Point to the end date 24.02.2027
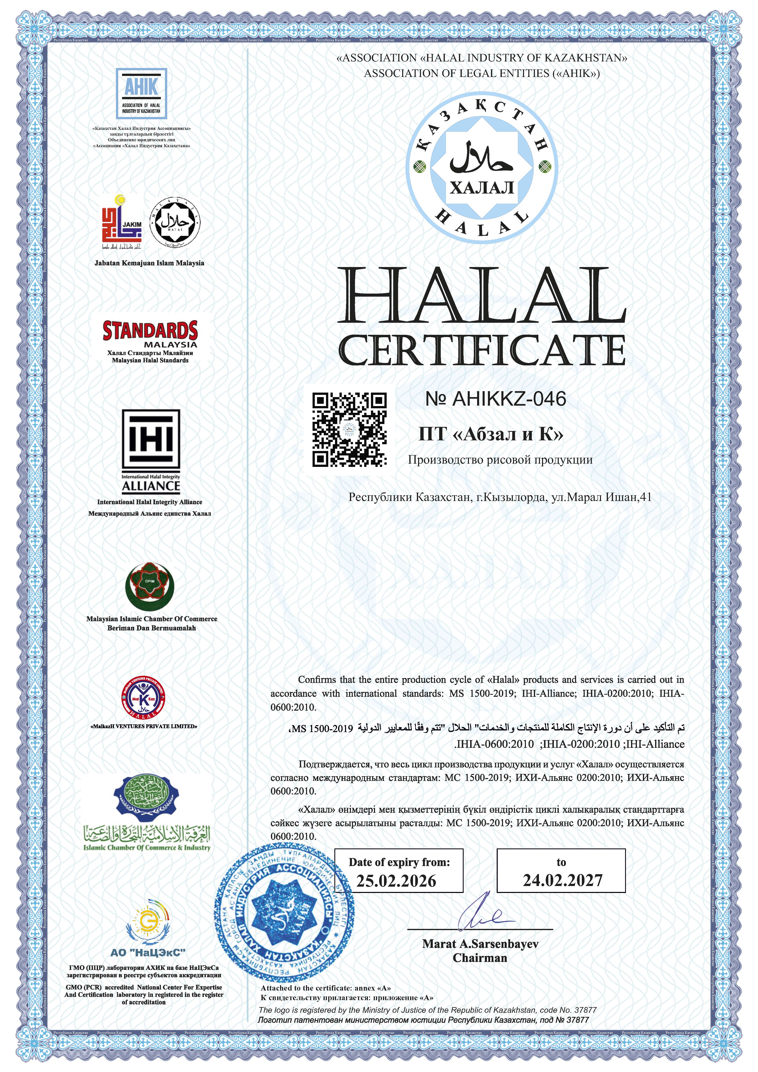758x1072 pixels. (562, 880)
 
